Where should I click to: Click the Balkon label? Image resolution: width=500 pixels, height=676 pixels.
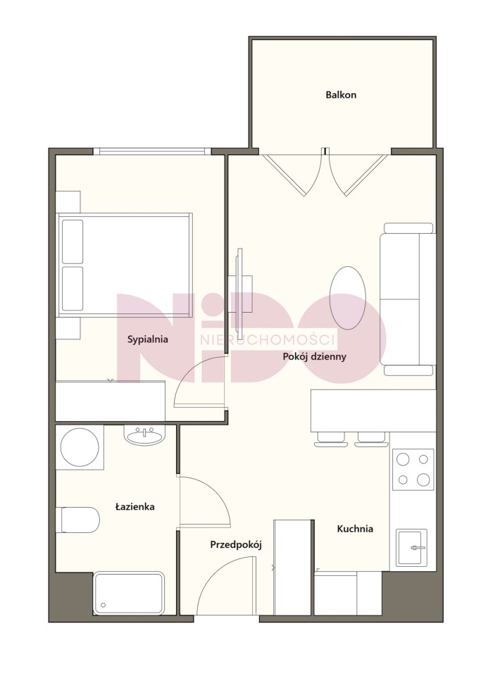coord(341,95)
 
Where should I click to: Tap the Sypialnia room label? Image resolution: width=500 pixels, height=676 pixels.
coord(147,339)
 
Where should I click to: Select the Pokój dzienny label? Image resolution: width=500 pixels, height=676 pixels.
coord(314,356)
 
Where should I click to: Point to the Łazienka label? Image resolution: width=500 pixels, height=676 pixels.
coord(135,506)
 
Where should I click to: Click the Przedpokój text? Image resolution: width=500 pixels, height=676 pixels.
coord(236,545)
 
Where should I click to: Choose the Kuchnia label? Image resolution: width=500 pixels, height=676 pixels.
coord(355,529)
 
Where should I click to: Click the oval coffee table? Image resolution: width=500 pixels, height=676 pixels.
coord(347,298)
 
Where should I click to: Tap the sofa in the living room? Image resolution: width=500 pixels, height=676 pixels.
coord(408,299)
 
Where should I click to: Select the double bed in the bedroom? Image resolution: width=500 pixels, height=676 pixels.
coord(125,265)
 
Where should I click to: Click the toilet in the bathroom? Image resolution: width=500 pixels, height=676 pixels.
coord(80,520)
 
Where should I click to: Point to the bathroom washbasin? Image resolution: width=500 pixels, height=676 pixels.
coord(144,435)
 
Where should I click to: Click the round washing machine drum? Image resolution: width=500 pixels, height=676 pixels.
coord(80,446)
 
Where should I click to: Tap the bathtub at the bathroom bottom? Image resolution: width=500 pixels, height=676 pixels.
coord(129,593)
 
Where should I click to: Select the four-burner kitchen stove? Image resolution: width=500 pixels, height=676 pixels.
coord(413,469)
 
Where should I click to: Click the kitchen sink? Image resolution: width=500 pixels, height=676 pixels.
coord(412,548)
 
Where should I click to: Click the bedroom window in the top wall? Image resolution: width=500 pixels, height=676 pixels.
coord(152,151)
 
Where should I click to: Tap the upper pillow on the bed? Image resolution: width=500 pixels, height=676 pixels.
coord(73,242)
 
